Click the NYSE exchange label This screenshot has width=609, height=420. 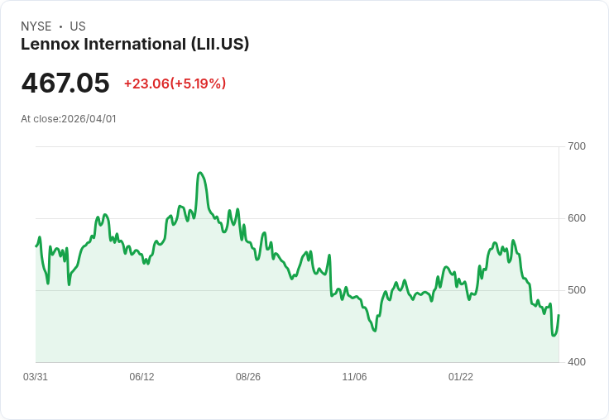click(x=36, y=26)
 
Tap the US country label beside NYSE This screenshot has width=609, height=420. click(x=78, y=26)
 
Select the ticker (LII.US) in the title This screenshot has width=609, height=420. click(x=220, y=45)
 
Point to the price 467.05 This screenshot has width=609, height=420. click(x=65, y=83)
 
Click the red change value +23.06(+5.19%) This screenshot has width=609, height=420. click(x=175, y=84)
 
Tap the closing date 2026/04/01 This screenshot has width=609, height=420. click(x=89, y=119)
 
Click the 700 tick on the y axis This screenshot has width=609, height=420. click(x=577, y=146)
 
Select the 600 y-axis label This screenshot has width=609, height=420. click(x=577, y=218)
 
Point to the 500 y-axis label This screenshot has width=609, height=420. click(x=577, y=290)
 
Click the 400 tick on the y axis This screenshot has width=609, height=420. click(x=577, y=362)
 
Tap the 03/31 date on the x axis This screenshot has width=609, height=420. click(x=36, y=376)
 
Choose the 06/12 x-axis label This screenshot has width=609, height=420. click(x=141, y=376)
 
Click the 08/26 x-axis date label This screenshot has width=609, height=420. click(x=248, y=376)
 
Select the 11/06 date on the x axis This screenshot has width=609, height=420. click(x=354, y=376)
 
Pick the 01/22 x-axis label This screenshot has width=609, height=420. click(x=461, y=376)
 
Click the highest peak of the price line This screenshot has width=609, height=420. click(x=199, y=173)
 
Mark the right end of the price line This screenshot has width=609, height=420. click(x=559, y=315)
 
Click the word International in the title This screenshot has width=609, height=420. click(x=135, y=44)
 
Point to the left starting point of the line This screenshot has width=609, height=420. click(x=36, y=246)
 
